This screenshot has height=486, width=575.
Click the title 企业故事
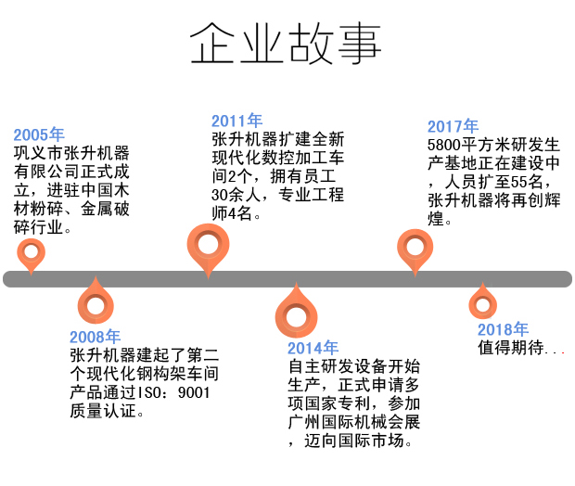click(x=285, y=43)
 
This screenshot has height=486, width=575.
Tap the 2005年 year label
click(x=39, y=134)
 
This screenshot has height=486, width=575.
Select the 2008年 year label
click(x=95, y=337)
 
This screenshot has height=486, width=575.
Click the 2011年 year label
click(x=236, y=121)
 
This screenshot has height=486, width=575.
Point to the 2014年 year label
click(x=313, y=348)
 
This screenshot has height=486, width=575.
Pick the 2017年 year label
click(x=453, y=126)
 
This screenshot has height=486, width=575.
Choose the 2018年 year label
click(x=503, y=329)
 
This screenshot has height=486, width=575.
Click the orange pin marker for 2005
click(x=32, y=250)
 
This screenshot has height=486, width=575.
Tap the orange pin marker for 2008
click(x=95, y=302)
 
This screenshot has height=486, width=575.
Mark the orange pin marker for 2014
click(x=296, y=313)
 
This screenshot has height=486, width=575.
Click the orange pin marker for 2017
click(x=414, y=248)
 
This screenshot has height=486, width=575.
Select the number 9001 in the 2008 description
click(x=193, y=392)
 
